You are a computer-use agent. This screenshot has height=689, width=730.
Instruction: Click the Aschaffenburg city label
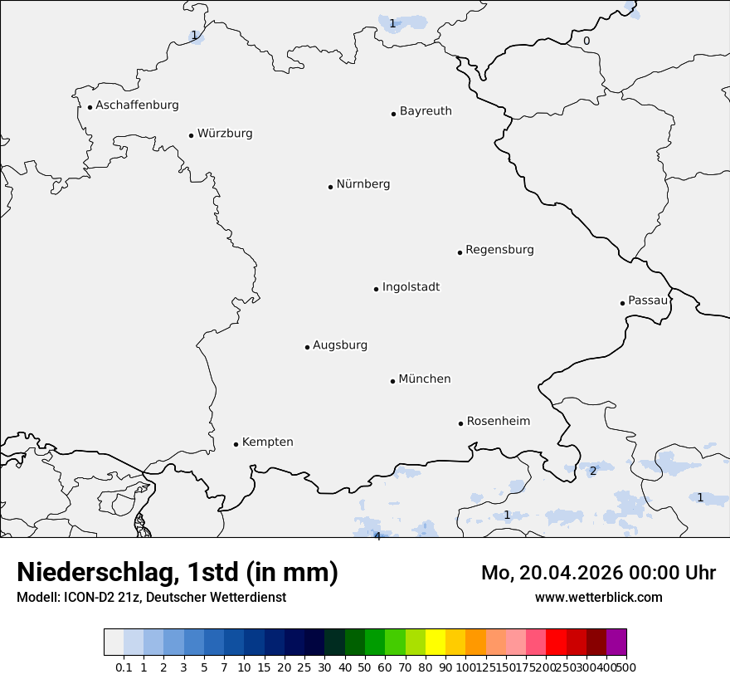[137, 105]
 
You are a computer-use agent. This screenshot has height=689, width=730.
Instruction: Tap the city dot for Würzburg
[191, 135]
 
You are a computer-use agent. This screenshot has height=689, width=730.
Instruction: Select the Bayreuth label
[426, 111]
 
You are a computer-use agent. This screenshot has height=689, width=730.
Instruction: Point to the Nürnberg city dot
[330, 187]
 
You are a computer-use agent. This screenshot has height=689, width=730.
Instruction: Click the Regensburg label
[499, 250]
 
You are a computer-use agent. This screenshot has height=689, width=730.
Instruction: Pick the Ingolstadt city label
[411, 287]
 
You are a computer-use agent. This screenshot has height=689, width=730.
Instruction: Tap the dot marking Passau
[622, 303]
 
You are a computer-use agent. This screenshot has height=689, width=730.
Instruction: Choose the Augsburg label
[340, 345]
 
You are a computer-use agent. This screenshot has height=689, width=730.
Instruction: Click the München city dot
[392, 381]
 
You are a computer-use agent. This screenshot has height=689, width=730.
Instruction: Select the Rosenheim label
[498, 422]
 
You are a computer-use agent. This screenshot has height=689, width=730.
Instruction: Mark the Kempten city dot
[236, 444]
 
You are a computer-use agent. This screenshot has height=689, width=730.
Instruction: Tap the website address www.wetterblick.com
[598, 598]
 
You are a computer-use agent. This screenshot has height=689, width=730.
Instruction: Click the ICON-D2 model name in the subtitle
[87, 598]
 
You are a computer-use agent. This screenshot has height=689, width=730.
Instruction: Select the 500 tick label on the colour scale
[626, 667]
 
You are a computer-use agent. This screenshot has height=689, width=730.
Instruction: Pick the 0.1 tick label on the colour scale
[124, 667]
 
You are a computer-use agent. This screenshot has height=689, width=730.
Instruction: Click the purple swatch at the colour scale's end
[616, 643]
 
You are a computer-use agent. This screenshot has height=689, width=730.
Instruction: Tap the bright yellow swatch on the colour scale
[436, 643]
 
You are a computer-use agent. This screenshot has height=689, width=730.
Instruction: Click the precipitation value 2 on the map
[592, 472]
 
